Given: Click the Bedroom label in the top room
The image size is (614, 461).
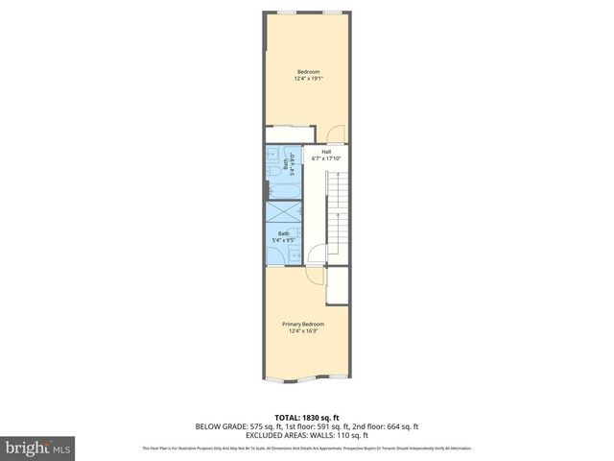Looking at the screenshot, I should [x=307, y=72].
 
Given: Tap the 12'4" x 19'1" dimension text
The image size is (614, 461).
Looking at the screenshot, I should [x=307, y=79].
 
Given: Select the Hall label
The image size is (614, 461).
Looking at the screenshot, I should [x=326, y=151].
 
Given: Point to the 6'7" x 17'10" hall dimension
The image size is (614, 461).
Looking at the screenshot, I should [x=326, y=158].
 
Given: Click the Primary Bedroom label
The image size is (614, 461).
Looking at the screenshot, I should [x=303, y=325].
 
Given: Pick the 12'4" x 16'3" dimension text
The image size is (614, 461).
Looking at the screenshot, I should [x=303, y=331].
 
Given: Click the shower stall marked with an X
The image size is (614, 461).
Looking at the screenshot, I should [x=283, y=212].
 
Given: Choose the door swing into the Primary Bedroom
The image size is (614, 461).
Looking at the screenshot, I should [x=314, y=275].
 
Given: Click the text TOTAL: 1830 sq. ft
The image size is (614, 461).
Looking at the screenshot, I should [x=307, y=418].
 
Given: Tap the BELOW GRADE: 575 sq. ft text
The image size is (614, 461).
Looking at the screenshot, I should [x=236, y=425].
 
